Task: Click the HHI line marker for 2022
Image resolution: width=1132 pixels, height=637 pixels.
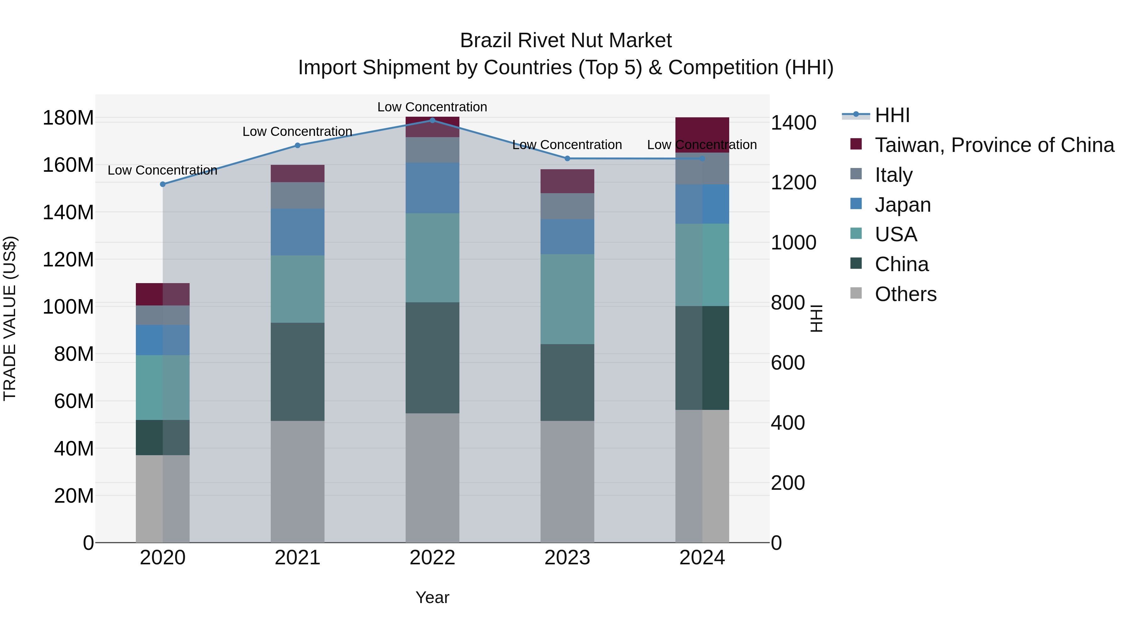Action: pos(432,120)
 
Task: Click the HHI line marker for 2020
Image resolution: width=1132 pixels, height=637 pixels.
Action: pos(163,184)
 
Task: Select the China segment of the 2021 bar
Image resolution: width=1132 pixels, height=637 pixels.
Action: pos(297,372)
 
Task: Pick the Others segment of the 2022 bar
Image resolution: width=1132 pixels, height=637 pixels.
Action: pos(432,478)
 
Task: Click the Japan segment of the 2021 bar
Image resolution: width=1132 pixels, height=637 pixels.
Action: pos(297,232)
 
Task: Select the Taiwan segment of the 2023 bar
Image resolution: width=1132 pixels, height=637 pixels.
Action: pos(567,181)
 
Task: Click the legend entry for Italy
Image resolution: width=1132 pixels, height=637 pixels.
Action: pos(893,175)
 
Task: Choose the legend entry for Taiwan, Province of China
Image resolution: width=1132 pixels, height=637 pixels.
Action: pos(994,145)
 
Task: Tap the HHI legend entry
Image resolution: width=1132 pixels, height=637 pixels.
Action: pos(892,115)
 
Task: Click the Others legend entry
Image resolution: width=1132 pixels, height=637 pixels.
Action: pos(905,294)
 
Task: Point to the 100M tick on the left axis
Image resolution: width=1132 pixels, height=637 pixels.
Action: pos(68,307)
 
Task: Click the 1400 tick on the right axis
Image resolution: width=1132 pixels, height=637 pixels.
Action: pos(794,123)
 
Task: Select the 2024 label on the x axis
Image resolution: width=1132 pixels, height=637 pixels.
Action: pos(702,558)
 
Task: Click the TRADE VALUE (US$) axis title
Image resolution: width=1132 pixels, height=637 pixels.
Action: pos(10,318)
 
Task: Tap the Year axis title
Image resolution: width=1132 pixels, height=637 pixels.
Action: pos(432,597)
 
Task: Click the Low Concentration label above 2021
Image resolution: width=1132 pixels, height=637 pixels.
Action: pos(297,131)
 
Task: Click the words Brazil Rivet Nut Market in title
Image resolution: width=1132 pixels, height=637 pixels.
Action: pos(566,41)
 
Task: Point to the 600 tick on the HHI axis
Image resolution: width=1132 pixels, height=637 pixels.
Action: pos(788,363)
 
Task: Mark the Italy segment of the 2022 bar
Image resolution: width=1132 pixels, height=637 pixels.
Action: pos(432,150)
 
